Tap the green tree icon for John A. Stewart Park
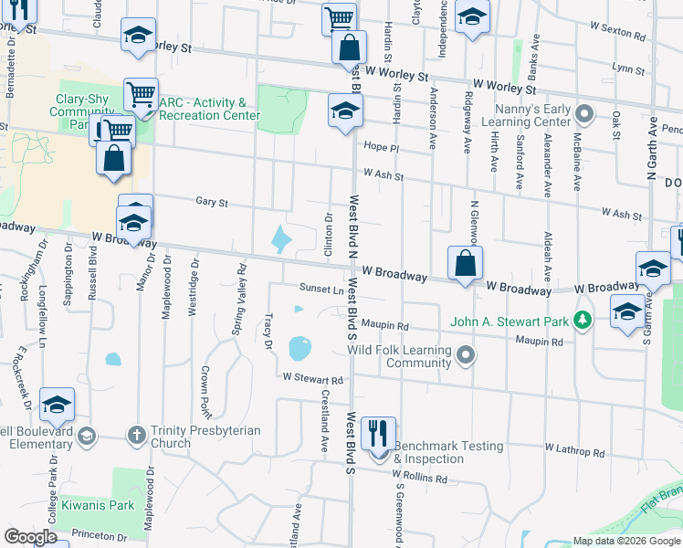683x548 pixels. point(581,321)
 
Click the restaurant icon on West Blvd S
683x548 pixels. point(378,433)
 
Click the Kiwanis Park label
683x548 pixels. point(98,504)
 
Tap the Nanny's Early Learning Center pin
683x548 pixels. point(585,115)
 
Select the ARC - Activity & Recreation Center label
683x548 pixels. point(209,110)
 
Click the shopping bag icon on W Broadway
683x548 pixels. point(466,264)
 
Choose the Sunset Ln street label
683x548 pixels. point(321,290)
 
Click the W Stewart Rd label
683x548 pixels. point(312,377)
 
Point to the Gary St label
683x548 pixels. point(211,202)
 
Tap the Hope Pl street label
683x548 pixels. point(382,147)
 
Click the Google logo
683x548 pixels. point(31,536)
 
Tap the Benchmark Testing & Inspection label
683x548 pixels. point(448,452)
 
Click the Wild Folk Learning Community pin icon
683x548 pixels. point(466,353)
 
